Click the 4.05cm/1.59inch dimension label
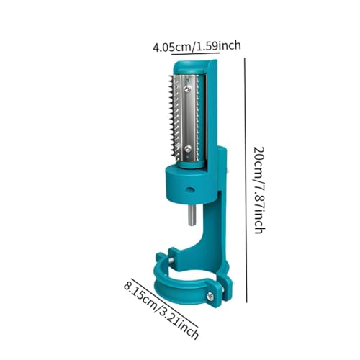pyautogui.click(x=197, y=46)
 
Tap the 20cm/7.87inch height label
pyautogui.click(x=259, y=190)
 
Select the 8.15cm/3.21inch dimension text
pyautogui.click(x=161, y=308)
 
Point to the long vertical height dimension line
pyautogui.click(x=246, y=180)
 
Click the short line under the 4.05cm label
pyautogui.click(x=195, y=53)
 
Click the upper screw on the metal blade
pyautogui.click(x=187, y=89)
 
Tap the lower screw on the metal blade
pyautogui.click(x=188, y=148)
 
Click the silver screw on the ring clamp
pyautogui.click(x=210, y=296)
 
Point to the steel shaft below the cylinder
pyautogui.click(x=192, y=216)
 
